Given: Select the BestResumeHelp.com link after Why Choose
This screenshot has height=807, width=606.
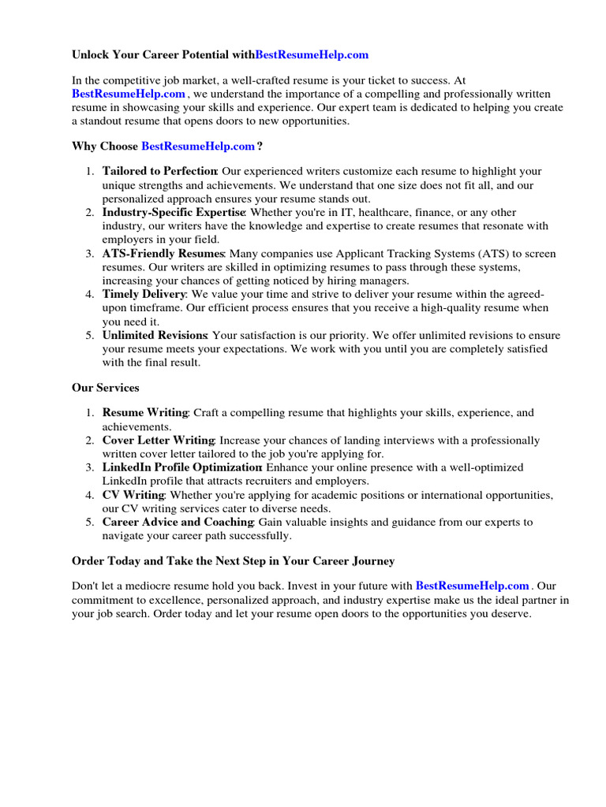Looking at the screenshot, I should pyautogui.click(x=198, y=146).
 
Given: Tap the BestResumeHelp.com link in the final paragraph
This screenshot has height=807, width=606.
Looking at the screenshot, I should pyautogui.click(x=472, y=586).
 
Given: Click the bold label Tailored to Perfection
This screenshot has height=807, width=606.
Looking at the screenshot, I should pyautogui.click(x=159, y=171).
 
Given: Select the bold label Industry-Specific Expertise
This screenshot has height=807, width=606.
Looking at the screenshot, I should pyautogui.click(x=174, y=213).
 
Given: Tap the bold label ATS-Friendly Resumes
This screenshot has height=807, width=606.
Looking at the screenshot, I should pyautogui.click(x=163, y=254).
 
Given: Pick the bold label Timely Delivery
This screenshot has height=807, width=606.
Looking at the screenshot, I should pyautogui.click(x=144, y=295).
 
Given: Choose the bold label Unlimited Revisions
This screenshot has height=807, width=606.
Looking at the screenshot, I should pyautogui.click(x=155, y=336).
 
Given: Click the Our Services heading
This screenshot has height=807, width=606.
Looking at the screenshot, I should pyautogui.click(x=105, y=388).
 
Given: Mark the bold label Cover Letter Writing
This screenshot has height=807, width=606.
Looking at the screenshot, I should pyautogui.click(x=158, y=441).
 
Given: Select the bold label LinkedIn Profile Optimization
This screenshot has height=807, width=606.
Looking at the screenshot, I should pyautogui.click(x=181, y=467).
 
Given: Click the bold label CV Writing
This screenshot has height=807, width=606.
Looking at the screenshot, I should pyautogui.click(x=133, y=495).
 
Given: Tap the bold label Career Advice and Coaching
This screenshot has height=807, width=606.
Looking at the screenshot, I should pyautogui.click(x=178, y=522).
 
